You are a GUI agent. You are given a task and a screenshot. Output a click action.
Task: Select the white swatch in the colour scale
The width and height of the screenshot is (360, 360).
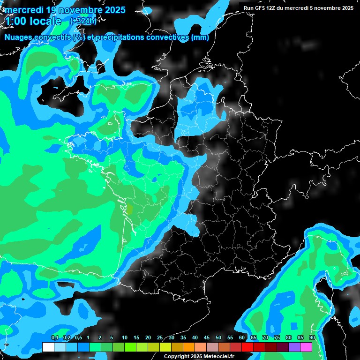pos(48,347)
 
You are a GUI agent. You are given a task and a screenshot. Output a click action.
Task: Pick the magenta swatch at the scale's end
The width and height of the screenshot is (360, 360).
pos(306,347)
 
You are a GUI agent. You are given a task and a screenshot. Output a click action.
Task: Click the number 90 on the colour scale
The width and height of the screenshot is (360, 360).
pos(312,338)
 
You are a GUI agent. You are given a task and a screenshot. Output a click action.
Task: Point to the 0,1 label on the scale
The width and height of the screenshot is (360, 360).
pos(54,338)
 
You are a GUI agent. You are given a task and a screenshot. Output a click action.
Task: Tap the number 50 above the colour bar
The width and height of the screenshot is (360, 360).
pos(218,338)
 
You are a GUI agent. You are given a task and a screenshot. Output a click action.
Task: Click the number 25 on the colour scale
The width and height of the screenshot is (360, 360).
pos(160,338)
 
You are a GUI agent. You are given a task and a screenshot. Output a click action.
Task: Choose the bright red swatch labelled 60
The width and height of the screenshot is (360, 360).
pos(247,347)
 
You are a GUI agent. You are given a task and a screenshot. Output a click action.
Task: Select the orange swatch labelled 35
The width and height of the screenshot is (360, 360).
pos(188,347)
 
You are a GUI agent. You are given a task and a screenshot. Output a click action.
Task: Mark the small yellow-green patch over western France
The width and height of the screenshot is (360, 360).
pos(129,210)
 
